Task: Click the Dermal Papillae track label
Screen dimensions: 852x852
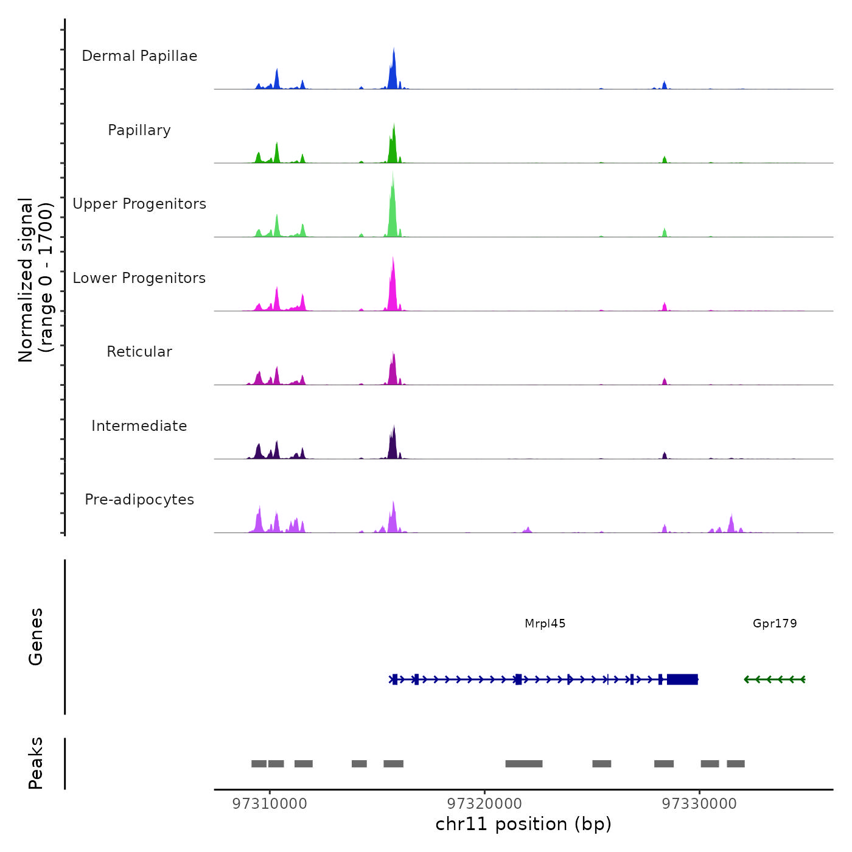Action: [139, 56]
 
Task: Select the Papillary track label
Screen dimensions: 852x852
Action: [139, 130]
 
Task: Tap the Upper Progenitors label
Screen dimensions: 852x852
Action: [139, 204]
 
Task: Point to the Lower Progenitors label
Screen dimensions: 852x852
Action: [139, 278]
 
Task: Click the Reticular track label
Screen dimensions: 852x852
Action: [139, 352]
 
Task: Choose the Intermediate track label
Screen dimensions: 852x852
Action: [139, 426]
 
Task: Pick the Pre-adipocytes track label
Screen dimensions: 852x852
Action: [139, 500]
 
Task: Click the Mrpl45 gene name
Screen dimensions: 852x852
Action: [545, 623]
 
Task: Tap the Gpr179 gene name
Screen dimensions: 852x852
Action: [774, 623]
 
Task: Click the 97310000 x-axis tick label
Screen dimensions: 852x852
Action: [270, 804]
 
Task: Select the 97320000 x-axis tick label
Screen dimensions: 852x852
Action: [484, 804]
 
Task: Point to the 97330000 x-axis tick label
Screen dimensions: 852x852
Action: [699, 804]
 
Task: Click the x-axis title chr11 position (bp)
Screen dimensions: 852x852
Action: [523, 824]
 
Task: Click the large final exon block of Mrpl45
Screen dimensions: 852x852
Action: [682, 679]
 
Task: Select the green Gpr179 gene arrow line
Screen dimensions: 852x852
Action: [775, 679]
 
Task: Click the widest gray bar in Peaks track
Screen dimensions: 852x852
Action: [523, 764]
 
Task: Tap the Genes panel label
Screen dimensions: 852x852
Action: [36, 637]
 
